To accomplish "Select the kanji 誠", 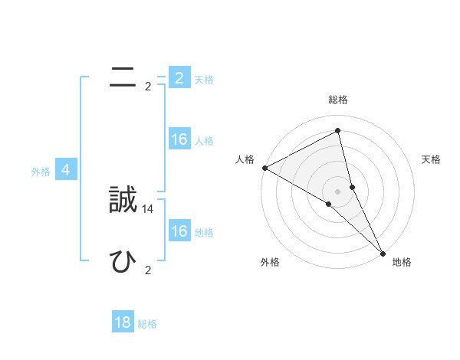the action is tap(123, 201).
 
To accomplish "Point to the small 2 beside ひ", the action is tap(148, 270).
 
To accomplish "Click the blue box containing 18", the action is tap(123, 322).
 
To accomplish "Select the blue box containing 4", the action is tap(66, 170).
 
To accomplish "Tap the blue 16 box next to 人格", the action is tap(179, 139).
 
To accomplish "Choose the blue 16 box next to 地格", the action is tap(179, 231).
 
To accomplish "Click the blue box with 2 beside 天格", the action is tap(179, 78).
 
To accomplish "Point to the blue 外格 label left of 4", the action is tap(41, 172).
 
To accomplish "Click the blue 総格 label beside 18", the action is tap(147, 324).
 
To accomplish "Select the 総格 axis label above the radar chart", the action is tap(338, 100).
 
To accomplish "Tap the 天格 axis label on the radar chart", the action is tap(431, 159).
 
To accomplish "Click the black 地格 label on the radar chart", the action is tap(402, 262).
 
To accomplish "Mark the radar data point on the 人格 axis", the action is tap(264, 167).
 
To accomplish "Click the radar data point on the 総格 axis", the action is tap(338, 130).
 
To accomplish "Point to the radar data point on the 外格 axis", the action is tap(328, 204).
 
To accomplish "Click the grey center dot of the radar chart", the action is tap(338, 190).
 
